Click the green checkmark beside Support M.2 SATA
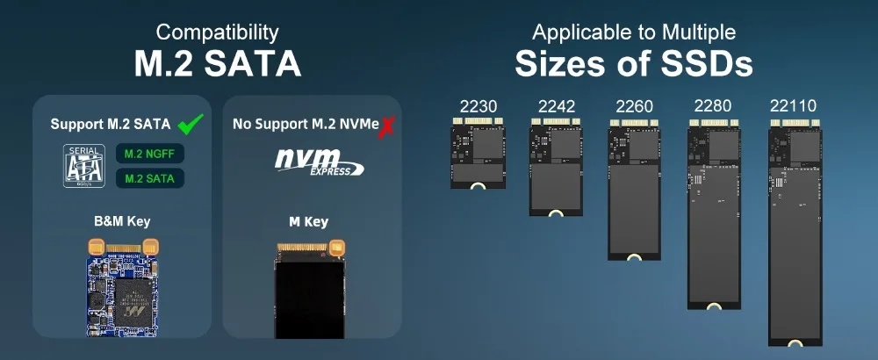[191, 123]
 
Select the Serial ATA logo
[84, 164]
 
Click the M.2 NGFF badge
[149, 154]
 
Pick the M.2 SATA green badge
[149, 178]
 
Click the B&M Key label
[121, 221]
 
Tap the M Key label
[308, 221]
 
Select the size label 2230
[479, 107]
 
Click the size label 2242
[557, 107]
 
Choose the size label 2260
[635, 107]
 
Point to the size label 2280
[712, 107]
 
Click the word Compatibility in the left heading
[217, 33]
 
